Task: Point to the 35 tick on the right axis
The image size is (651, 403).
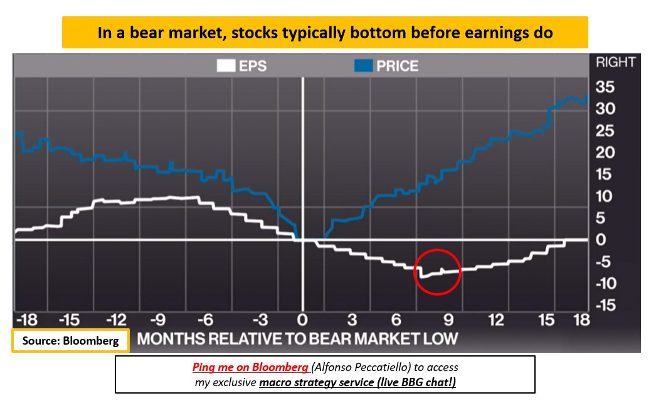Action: pyautogui.click(x=606, y=87)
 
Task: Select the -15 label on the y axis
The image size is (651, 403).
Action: pyautogui.click(x=605, y=306)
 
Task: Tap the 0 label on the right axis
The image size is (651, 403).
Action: pyautogui.click(x=600, y=240)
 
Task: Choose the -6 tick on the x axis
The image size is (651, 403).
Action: pyautogui.click(x=206, y=320)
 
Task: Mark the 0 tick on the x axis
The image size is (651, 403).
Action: pyautogui.click(x=303, y=320)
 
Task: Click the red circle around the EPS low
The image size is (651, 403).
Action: pyautogui.click(x=438, y=271)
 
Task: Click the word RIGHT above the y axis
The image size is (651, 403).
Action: pyautogui.click(x=615, y=63)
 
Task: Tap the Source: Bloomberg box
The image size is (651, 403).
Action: pyautogui.click(x=70, y=341)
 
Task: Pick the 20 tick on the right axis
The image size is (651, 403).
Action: pyautogui.click(x=606, y=153)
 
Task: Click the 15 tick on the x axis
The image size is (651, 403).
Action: pyautogui.click(x=547, y=320)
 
